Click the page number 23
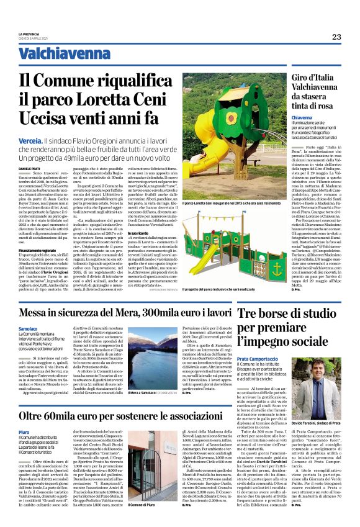click(336, 37)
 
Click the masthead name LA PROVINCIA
click(30, 34)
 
